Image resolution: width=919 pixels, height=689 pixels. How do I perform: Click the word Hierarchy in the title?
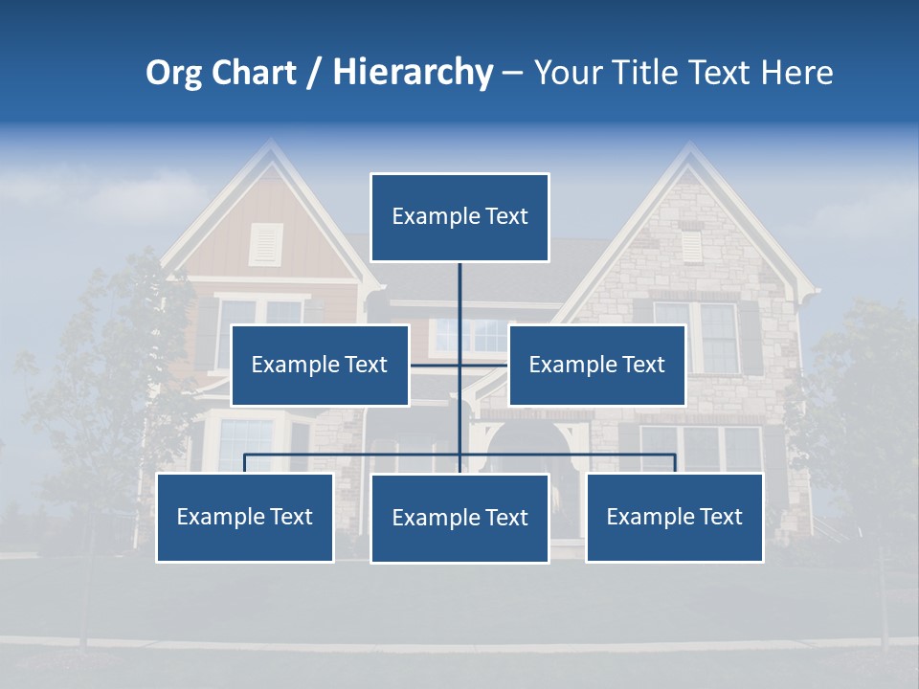tap(412, 73)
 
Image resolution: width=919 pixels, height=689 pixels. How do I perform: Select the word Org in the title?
tap(173, 73)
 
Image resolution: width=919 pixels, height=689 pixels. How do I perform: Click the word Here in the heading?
tap(796, 73)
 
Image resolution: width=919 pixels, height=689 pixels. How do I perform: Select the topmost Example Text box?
tap(459, 217)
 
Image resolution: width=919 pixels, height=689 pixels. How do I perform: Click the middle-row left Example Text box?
tap(320, 365)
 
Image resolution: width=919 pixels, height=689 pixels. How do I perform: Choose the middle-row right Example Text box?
tap(596, 365)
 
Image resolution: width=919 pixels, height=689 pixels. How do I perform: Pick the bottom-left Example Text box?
tap(245, 517)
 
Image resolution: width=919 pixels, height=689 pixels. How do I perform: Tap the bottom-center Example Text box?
tap(459, 518)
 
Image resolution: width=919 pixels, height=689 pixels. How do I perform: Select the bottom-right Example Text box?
tap(674, 517)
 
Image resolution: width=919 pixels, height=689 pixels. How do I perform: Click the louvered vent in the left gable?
tap(266, 244)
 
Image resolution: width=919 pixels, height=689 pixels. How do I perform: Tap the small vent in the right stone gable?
tap(690, 245)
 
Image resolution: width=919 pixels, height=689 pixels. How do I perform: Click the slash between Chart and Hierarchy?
tap(313, 74)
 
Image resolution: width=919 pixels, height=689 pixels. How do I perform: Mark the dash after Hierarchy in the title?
tap(512, 74)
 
